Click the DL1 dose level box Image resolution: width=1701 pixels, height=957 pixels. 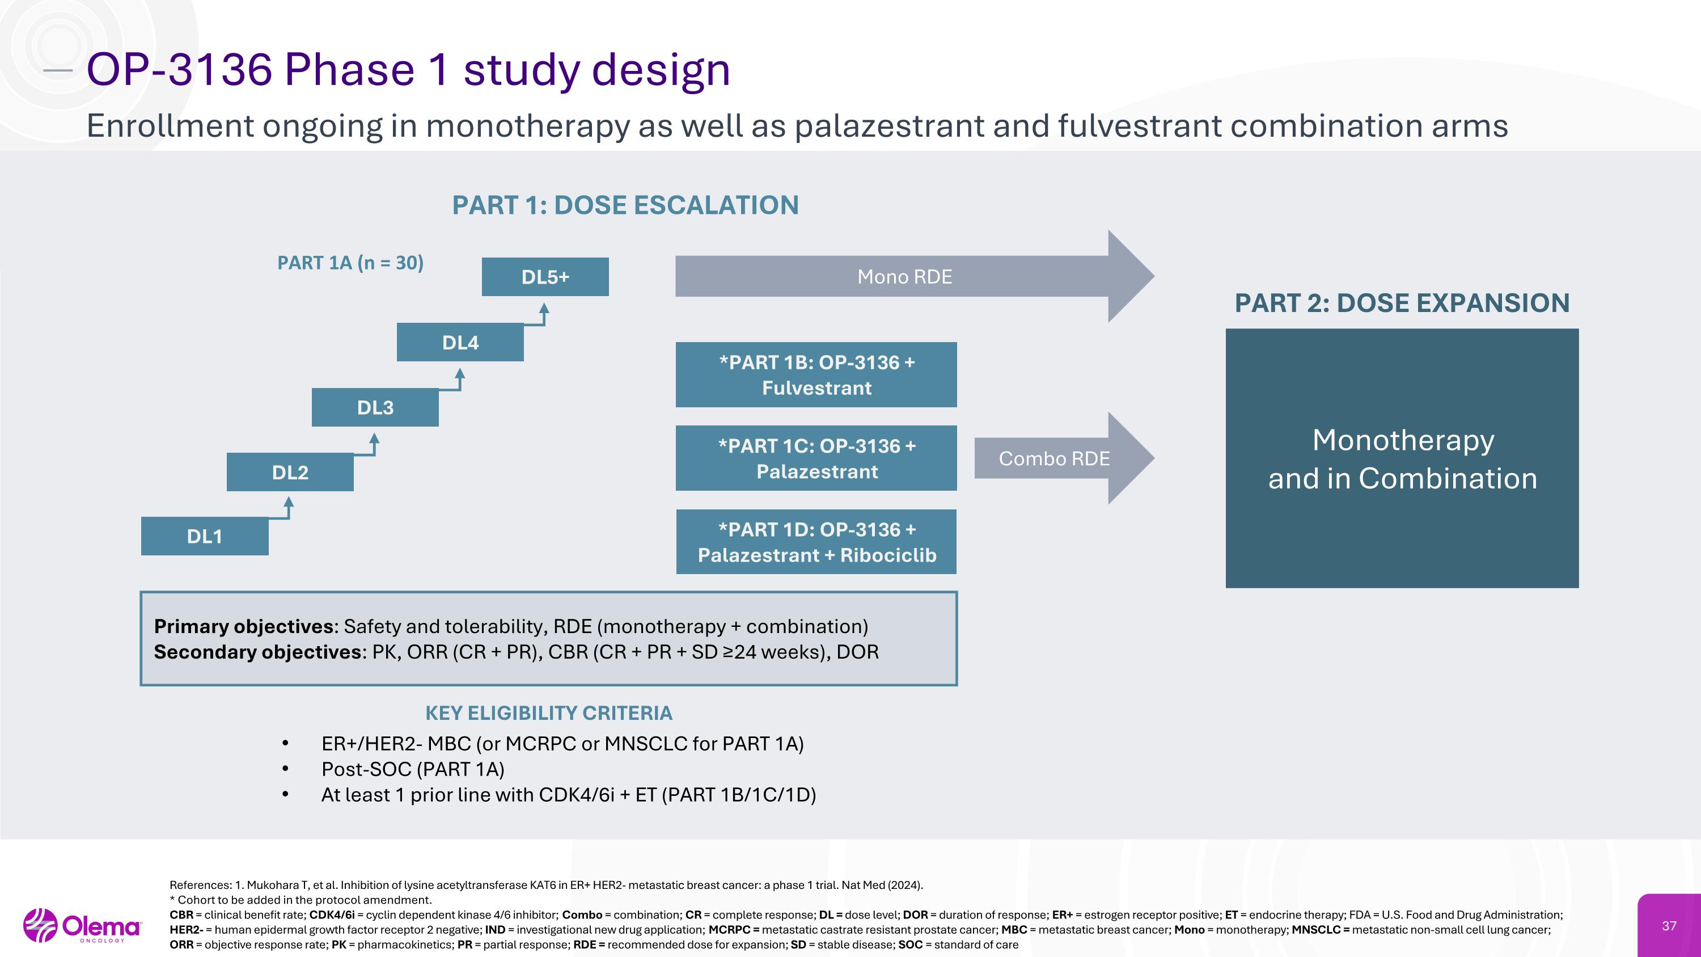[205, 536]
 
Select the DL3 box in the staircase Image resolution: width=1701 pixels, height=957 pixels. [375, 407]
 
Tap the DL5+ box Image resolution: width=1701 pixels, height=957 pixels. [545, 277]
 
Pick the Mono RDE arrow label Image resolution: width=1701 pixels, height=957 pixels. [904, 277]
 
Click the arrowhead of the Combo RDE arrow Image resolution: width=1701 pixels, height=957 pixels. [1131, 458]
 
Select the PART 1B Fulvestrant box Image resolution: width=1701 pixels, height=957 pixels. [816, 374]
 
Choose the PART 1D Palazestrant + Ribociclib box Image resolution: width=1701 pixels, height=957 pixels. [816, 542]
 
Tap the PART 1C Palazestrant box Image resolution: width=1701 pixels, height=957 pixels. [816, 458]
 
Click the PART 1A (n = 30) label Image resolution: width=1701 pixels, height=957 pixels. [350, 263]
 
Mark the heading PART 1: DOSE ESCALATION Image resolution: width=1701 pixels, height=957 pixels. [625, 205]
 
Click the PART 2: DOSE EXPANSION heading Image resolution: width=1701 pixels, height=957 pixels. [1402, 303]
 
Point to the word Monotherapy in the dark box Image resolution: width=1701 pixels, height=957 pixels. [1403, 441]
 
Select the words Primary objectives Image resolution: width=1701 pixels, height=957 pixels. [243, 626]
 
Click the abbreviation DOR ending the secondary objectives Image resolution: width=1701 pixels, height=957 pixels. [857, 652]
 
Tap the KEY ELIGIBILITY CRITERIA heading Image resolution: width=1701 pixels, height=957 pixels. [548, 713]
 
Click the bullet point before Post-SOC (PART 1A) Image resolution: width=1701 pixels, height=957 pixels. [285, 769]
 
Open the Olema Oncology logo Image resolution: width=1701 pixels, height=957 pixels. [83, 925]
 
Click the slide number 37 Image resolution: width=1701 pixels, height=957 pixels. [1669, 926]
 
